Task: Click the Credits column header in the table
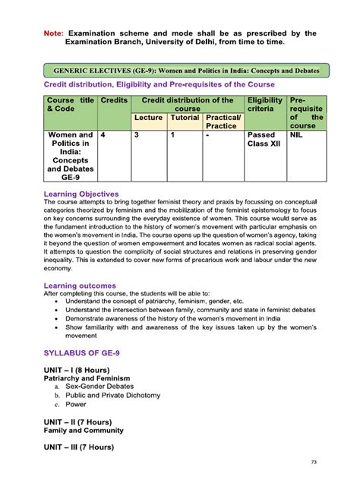(x=113, y=100)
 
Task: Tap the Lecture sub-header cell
(x=149, y=118)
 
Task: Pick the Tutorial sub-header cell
(x=185, y=118)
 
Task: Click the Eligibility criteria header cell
(x=264, y=105)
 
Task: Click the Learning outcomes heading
(x=80, y=285)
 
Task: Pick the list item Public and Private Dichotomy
(x=112, y=396)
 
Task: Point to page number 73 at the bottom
(x=314, y=463)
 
